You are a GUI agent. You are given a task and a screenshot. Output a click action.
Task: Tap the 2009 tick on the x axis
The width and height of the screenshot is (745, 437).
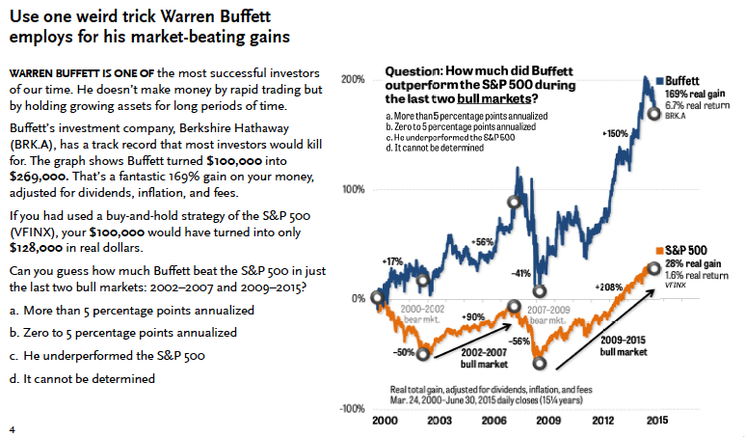tap(548, 421)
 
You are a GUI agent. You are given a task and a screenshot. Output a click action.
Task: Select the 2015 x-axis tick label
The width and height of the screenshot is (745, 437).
tap(656, 421)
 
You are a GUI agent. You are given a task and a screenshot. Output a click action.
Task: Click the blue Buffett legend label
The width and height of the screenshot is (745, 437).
tap(683, 80)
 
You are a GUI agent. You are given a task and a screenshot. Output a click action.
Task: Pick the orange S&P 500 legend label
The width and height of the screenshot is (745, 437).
tap(686, 249)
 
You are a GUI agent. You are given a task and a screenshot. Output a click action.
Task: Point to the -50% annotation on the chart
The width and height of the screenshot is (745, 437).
tap(405, 353)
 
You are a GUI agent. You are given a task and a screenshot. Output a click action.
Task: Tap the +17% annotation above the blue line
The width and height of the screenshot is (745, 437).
tap(391, 260)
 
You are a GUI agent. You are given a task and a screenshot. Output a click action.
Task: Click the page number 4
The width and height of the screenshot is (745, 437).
tap(12, 427)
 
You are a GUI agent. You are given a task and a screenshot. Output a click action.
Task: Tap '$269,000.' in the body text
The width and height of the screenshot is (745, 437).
tap(36, 178)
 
